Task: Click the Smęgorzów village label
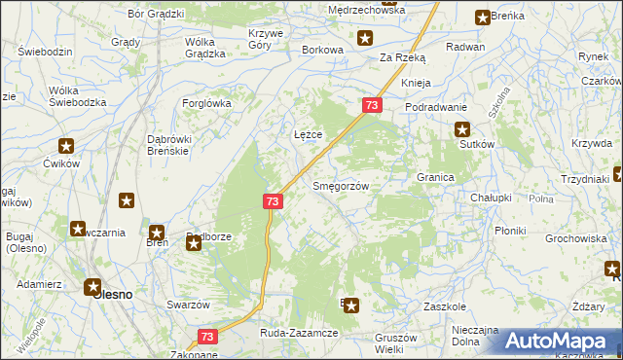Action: click(x=339, y=186)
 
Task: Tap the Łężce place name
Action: click(x=308, y=134)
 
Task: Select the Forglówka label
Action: click(x=204, y=102)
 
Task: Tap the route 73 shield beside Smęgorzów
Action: click(x=273, y=201)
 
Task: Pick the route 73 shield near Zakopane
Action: click(x=206, y=336)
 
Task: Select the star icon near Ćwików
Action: click(x=66, y=147)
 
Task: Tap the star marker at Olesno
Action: click(x=93, y=287)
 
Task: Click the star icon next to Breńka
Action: click(x=483, y=17)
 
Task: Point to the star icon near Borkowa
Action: click(x=364, y=39)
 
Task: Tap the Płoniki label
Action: click(x=510, y=231)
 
